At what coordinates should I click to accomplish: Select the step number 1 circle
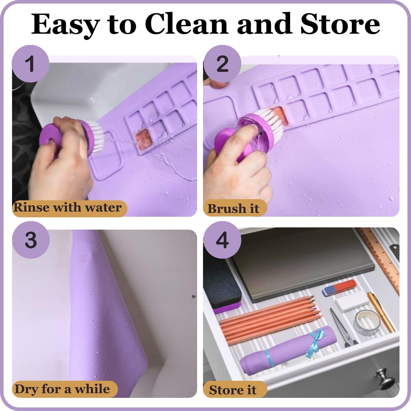[31, 64]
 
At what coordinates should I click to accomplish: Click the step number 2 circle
[222, 64]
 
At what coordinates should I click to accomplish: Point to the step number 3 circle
[31, 240]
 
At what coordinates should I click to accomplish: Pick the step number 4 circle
[222, 240]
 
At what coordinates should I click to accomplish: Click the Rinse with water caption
[67, 208]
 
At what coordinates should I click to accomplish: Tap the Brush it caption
[233, 209]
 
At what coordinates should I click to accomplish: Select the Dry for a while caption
[62, 389]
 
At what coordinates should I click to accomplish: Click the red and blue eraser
[339, 288]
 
